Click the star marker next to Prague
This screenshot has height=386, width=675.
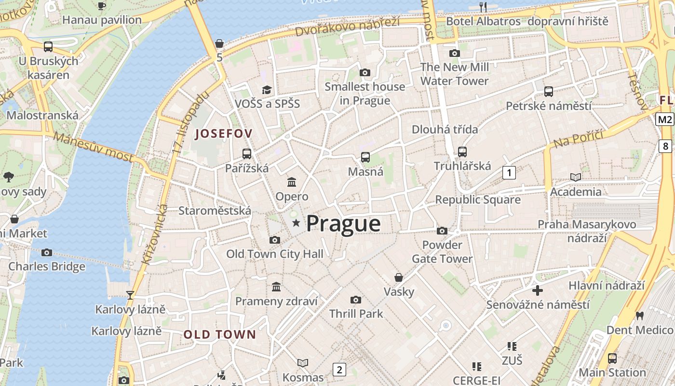pyautogui.click(x=296, y=223)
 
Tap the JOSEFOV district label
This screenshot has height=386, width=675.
pyautogui.click(x=223, y=134)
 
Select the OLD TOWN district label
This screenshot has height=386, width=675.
pyautogui.click(x=219, y=334)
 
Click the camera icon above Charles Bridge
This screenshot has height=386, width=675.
pyautogui.click(x=47, y=252)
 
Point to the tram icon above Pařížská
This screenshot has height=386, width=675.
pyautogui.click(x=247, y=154)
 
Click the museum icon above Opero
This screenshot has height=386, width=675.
pyautogui.click(x=292, y=182)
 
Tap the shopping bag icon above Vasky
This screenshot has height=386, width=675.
pyautogui.click(x=399, y=277)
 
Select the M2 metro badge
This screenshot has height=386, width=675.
pyautogui.click(x=664, y=119)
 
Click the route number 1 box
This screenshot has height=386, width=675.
pyautogui.click(x=509, y=172)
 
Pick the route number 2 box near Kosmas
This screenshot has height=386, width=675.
pyautogui.click(x=339, y=370)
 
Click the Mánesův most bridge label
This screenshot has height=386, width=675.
pyautogui.click(x=94, y=147)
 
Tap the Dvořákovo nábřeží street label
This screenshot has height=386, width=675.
pyautogui.click(x=347, y=27)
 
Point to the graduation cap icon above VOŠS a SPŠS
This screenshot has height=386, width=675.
pyautogui.click(x=267, y=90)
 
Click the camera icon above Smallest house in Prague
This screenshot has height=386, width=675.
pyautogui.click(x=365, y=72)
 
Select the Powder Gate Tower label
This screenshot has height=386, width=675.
pyautogui.click(x=442, y=252)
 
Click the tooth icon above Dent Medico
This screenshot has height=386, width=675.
pyautogui.click(x=640, y=316)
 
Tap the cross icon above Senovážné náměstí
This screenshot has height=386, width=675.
pyautogui.click(x=538, y=290)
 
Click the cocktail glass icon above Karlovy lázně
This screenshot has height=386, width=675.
pyautogui.click(x=130, y=295)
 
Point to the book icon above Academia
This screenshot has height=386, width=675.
pyautogui.click(x=575, y=177)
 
